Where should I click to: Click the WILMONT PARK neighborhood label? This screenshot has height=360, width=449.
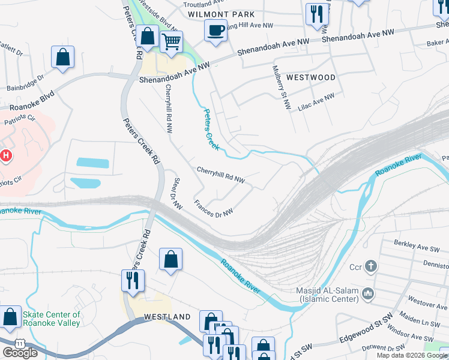pos(221,14)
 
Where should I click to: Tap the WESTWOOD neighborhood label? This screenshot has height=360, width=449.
pos(310,77)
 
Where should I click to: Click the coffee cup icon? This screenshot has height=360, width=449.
pos(215,29)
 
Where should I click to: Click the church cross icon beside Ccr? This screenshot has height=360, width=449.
pos(371,266)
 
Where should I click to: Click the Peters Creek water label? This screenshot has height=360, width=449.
pos(211,130)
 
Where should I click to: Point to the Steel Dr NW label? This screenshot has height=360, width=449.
pos(177,194)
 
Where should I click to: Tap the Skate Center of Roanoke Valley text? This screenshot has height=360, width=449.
pos(51,319)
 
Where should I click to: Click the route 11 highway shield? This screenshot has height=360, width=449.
pos(20,343)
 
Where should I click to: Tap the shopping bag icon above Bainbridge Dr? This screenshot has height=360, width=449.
pos(62,57)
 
